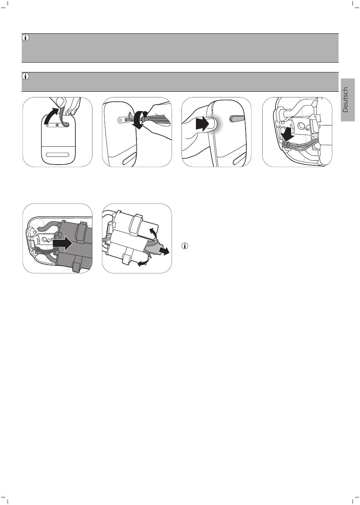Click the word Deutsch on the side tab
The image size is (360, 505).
coord(345,100)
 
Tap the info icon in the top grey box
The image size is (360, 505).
coord(26,38)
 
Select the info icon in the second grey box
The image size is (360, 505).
coord(26,76)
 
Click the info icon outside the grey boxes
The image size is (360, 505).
coord(185,246)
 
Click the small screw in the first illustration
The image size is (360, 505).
coord(57,125)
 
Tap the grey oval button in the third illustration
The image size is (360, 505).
coord(236,118)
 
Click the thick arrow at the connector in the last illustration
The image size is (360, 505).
coord(164,251)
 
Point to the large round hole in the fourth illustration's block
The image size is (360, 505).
coord(301,125)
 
